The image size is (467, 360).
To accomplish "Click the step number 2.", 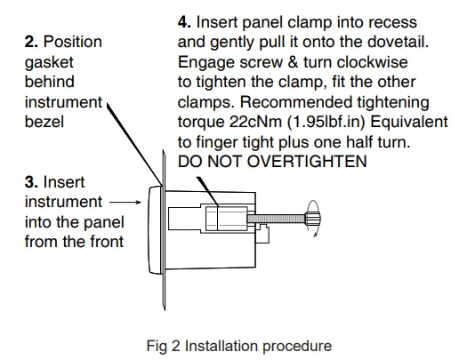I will click(x=31, y=42).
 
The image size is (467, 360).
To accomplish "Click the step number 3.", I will click(x=31, y=182).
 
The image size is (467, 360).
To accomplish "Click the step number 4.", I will click(x=185, y=22).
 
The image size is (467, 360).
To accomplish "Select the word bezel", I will click(x=44, y=122).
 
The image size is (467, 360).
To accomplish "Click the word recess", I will click(x=401, y=22).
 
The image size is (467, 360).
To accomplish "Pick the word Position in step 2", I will click(x=73, y=42).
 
